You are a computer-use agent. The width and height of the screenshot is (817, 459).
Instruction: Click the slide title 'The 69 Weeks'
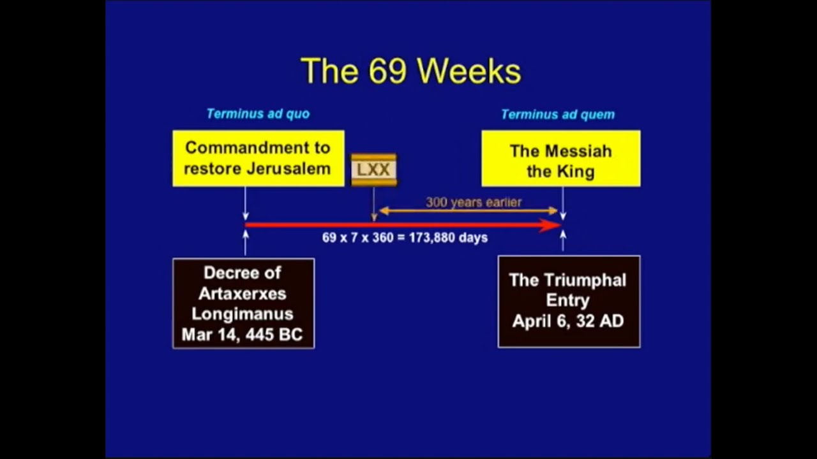tap(410, 71)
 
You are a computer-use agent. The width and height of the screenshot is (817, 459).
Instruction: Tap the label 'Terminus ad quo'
tap(258, 114)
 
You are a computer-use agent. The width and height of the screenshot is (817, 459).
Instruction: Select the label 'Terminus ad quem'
tap(557, 115)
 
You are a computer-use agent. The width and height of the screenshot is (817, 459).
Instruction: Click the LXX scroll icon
tap(374, 170)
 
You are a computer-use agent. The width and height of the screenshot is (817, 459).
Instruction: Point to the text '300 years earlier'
tap(474, 203)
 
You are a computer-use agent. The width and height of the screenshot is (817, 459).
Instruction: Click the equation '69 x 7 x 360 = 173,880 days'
tap(405, 238)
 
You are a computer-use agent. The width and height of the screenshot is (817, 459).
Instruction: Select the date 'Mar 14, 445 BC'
tap(242, 335)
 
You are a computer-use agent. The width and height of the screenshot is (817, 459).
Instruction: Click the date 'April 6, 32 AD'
tap(567, 321)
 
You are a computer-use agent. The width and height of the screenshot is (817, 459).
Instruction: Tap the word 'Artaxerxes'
tap(242, 294)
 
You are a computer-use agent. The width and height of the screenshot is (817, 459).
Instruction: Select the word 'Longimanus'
tap(242, 314)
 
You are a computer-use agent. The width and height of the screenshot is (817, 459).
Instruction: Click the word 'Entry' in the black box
tap(567, 300)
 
